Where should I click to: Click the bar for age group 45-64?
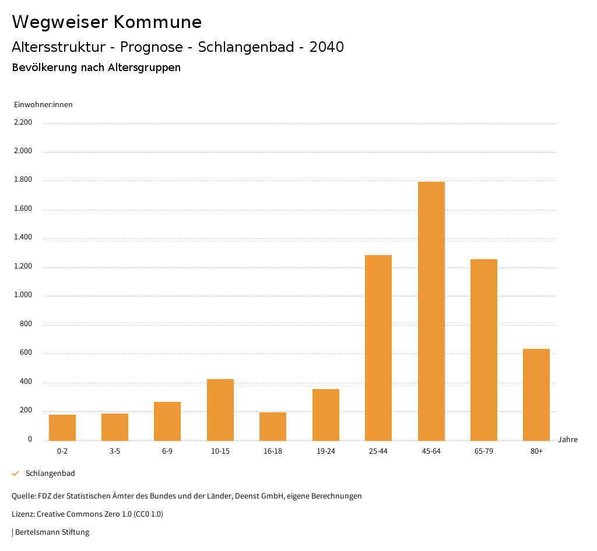(431, 311)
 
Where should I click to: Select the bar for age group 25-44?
(378, 348)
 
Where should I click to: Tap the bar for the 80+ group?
(536, 394)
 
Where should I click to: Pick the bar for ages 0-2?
(62, 428)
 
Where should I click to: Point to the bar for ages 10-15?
(220, 409)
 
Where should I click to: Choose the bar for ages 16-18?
(273, 426)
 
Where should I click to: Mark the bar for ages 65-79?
(484, 349)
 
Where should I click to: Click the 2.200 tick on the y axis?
(23, 122)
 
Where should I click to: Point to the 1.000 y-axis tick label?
(23, 295)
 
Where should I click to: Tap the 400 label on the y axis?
(26, 382)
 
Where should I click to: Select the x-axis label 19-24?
(326, 451)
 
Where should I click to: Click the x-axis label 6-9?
(167, 451)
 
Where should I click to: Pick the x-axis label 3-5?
(115, 451)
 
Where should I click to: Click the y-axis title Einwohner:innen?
(43, 105)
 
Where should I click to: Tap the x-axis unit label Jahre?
(568, 440)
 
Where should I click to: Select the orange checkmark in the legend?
(16, 474)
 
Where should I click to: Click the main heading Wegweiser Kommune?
(107, 22)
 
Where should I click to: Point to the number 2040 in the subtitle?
(326, 47)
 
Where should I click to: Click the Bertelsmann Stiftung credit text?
(52, 532)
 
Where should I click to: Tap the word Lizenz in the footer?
(23, 514)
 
